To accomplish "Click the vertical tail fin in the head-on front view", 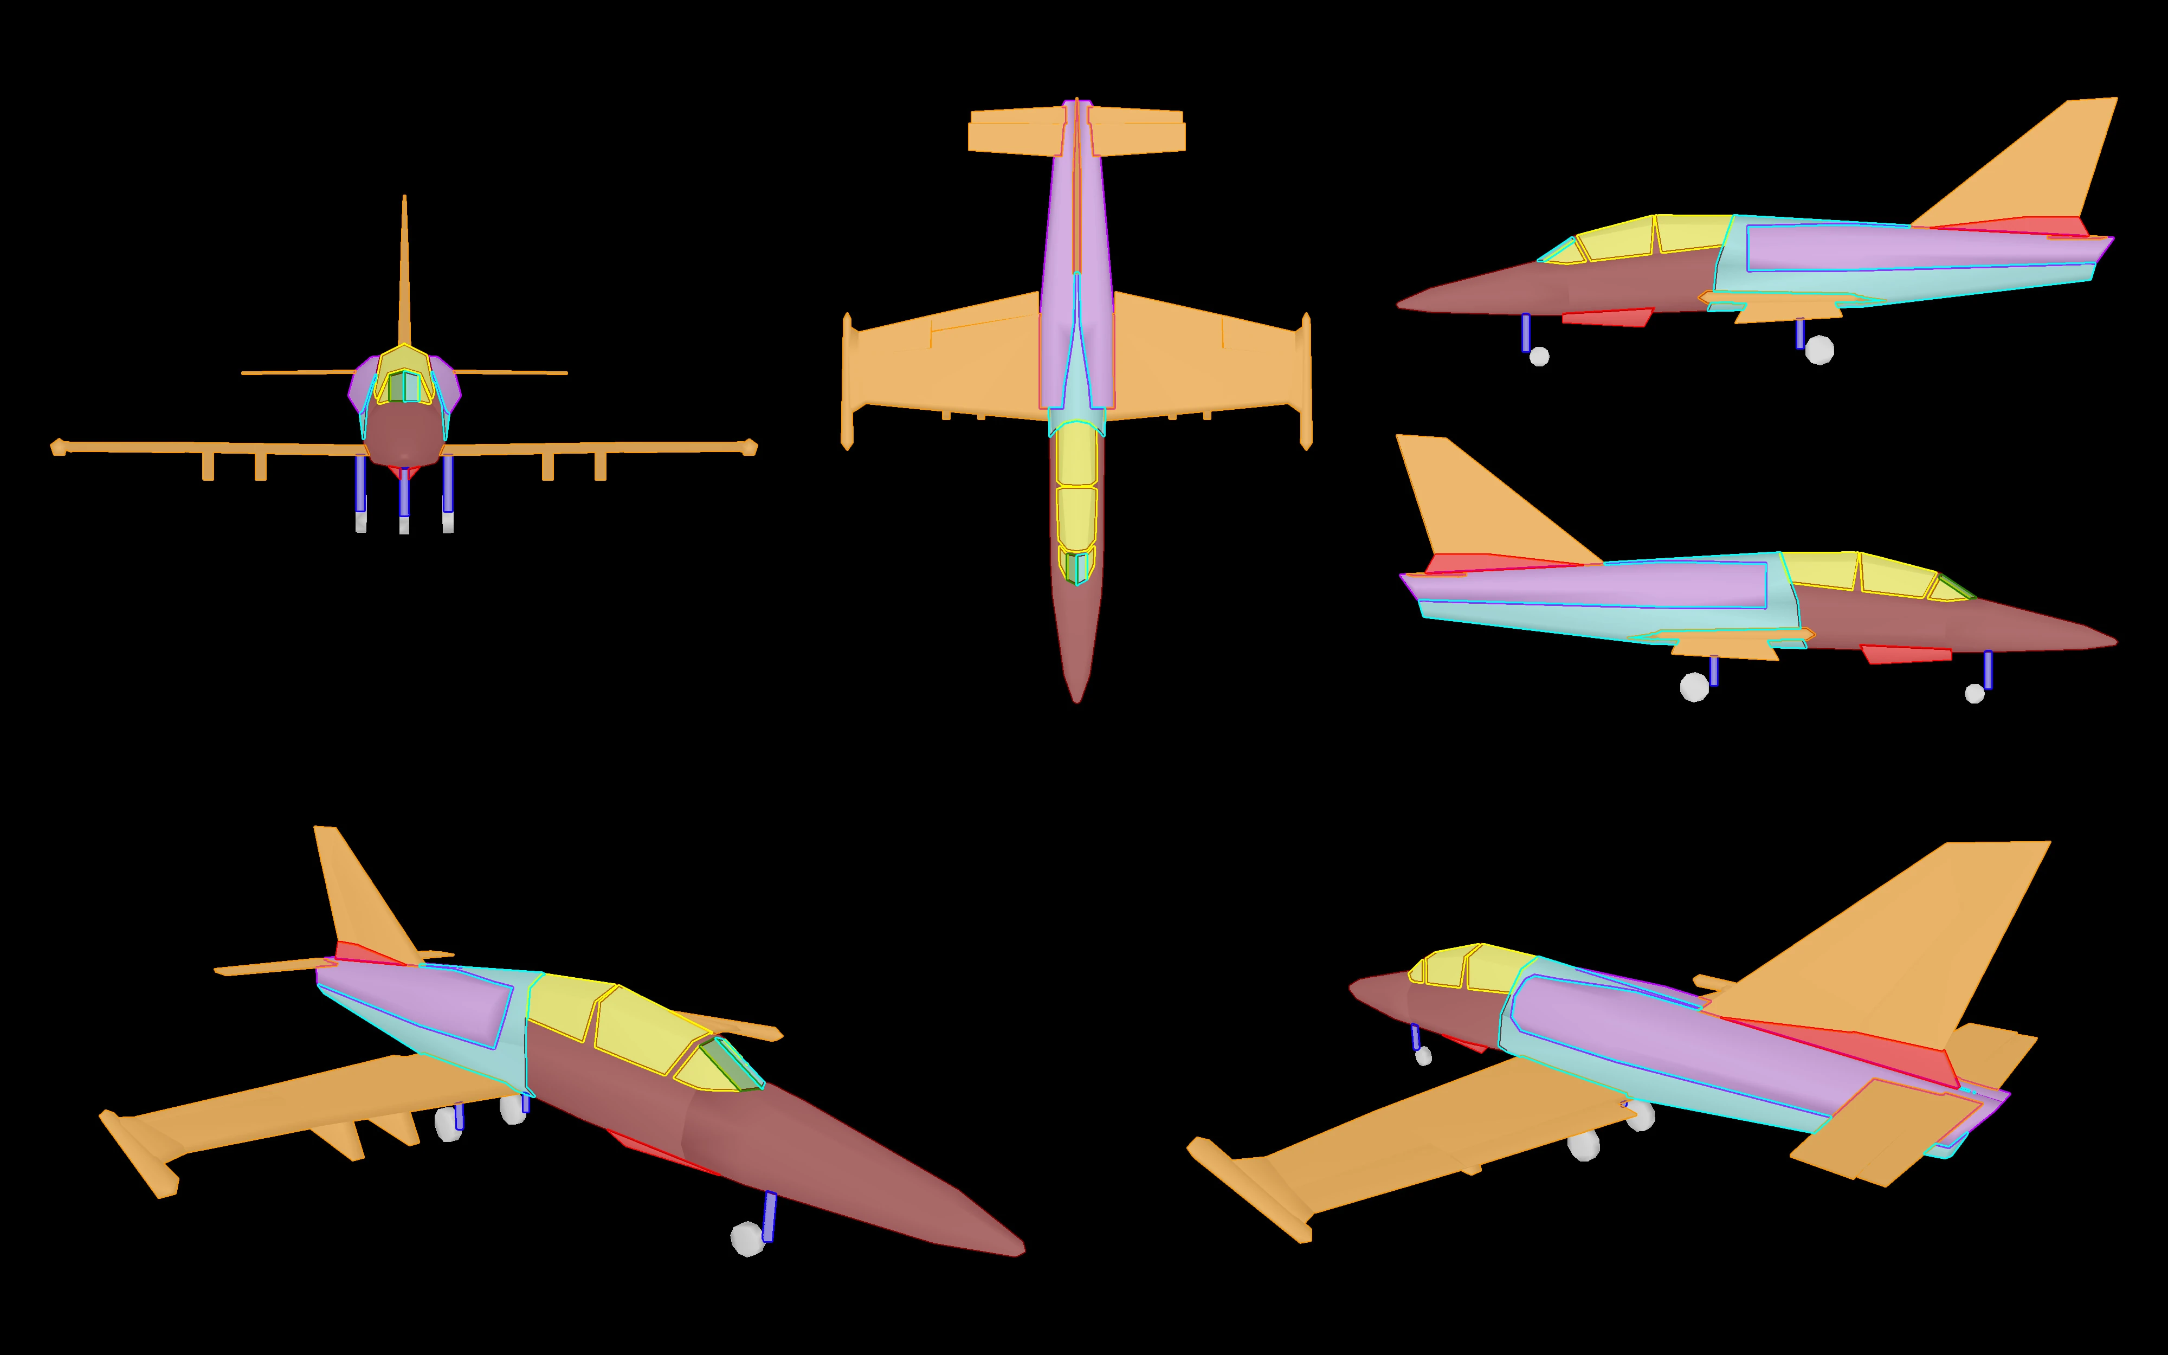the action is [404, 278].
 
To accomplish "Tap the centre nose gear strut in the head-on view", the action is [404, 493].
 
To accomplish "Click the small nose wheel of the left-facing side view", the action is [1539, 357].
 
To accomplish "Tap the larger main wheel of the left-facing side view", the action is [1818, 350].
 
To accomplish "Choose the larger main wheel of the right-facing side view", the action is [1694, 687].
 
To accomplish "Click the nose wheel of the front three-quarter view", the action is [747, 1240].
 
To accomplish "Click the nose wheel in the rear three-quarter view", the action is [1423, 1056].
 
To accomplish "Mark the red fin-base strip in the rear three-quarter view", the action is [1863, 1049].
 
